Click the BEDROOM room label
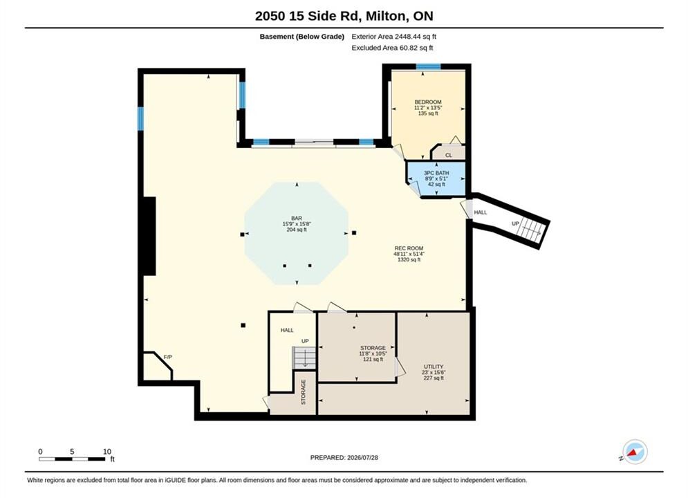click(x=428, y=102)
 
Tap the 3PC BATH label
click(x=436, y=173)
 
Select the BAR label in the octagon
click(x=297, y=218)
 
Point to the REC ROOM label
click(x=409, y=248)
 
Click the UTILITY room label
click(x=434, y=367)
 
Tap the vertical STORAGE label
click(x=303, y=392)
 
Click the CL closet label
click(x=449, y=156)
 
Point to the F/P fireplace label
click(x=167, y=357)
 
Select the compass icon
click(x=634, y=452)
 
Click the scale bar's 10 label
click(x=107, y=452)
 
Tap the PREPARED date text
click(x=344, y=458)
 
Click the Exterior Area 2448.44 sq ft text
click(x=393, y=37)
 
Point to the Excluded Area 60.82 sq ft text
click(x=392, y=48)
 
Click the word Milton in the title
click(x=386, y=16)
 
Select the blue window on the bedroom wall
click(x=428, y=66)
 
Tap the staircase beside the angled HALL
click(x=531, y=229)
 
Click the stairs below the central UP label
click(x=304, y=358)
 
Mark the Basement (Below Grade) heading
click(x=302, y=37)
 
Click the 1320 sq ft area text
click(x=409, y=260)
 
